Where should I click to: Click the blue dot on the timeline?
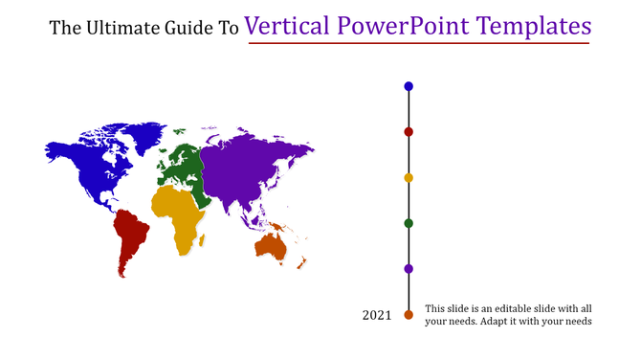point(409,86)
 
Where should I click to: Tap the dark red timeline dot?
point(409,132)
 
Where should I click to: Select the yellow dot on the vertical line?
point(409,177)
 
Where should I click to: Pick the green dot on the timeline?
point(409,223)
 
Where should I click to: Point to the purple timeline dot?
point(409,269)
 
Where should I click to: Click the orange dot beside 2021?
point(409,315)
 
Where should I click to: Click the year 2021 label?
point(377,315)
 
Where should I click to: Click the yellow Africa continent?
point(179,215)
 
